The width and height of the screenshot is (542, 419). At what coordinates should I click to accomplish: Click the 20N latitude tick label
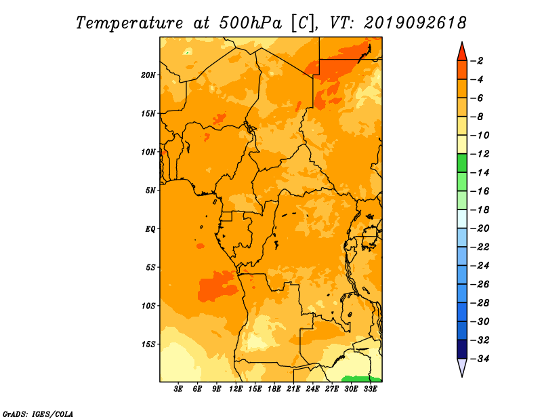tap(148, 75)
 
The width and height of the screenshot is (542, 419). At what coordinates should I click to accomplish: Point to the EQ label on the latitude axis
tap(150, 229)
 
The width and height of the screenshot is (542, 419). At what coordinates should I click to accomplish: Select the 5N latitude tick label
tap(150, 191)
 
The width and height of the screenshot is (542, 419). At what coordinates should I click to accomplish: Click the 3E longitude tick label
tap(178, 389)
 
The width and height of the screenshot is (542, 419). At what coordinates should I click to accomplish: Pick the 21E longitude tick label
tap(293, 389)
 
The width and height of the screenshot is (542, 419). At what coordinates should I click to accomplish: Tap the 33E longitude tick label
tap(370, 389)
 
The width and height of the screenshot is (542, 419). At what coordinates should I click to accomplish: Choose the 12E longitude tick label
tap(236, 389)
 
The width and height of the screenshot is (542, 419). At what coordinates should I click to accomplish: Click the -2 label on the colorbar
tap(477, 61)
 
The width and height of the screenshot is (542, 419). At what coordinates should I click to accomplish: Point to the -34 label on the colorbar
tap(480, 359)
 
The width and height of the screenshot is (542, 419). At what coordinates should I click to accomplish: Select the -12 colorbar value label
tap(480, 154)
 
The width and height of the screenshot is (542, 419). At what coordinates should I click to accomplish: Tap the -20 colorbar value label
tap(480, 228)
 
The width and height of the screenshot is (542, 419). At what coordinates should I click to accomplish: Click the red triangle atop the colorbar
tap(462, 53)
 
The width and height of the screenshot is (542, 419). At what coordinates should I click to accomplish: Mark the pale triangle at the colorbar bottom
tap(462, 367)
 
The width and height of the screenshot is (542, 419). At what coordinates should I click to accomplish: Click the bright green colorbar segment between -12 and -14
tap(462, 163)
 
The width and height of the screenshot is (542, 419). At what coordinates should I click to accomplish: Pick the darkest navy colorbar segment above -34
tap(462, 349)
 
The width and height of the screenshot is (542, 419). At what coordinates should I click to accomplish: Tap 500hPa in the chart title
tap(251, 23)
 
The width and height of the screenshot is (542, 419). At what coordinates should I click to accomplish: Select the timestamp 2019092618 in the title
tap(415, 23)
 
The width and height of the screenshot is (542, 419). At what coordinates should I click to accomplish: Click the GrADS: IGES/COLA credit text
tap(38, 414)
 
